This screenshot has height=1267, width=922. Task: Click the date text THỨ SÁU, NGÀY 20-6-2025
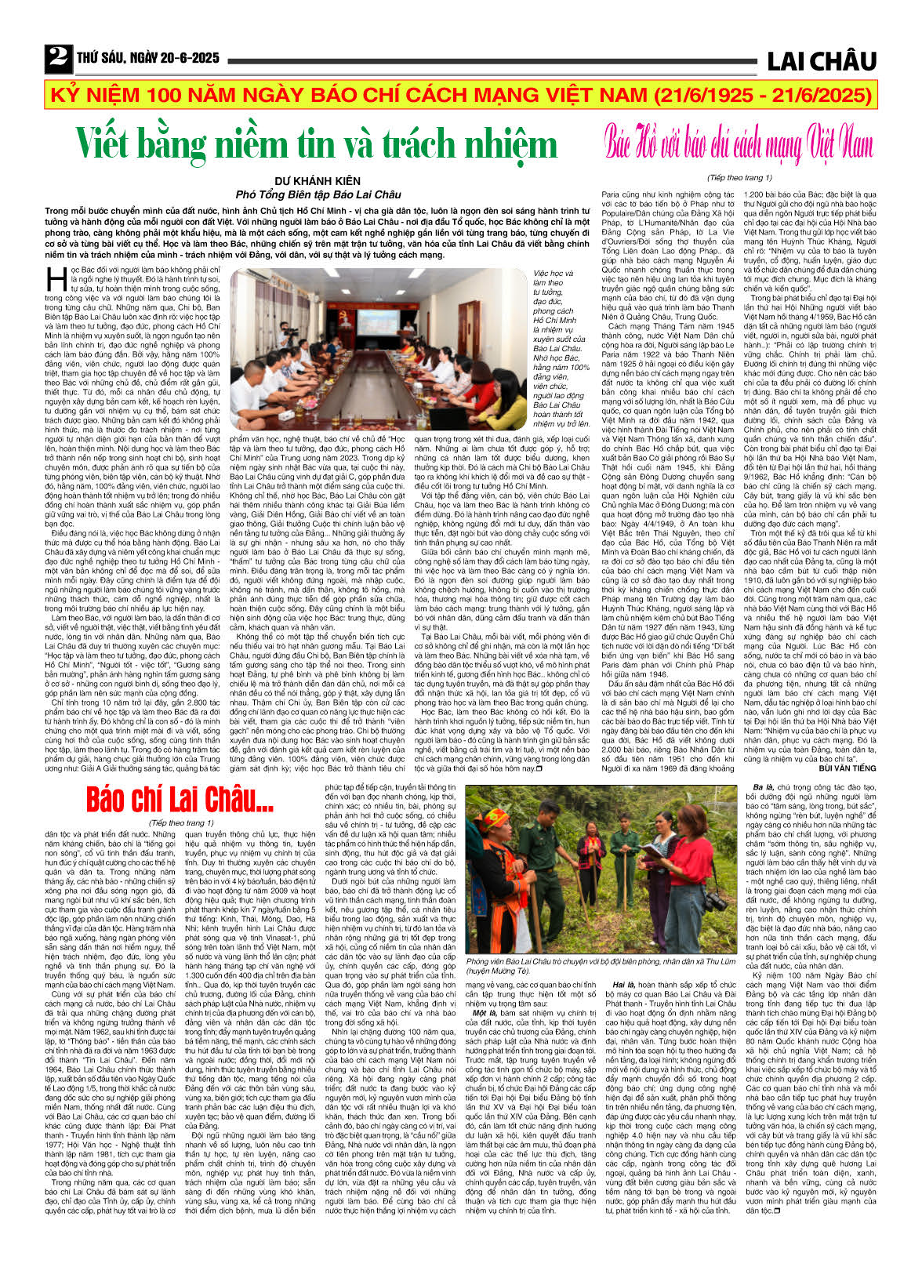point(148,59)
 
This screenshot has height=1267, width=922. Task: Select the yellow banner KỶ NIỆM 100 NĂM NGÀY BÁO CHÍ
point(460,96)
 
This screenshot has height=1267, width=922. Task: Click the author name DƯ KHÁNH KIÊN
point(317,181)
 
